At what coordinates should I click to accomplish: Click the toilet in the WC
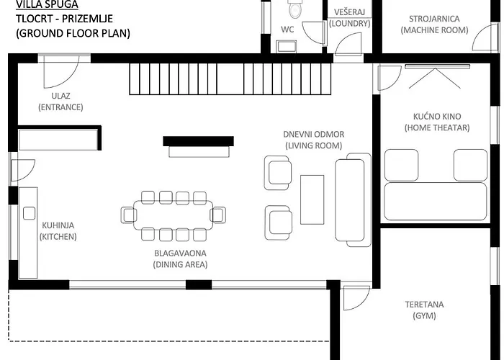point(294,9)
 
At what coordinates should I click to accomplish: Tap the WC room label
point(287,30)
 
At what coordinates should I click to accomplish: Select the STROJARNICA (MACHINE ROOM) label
point(434,24)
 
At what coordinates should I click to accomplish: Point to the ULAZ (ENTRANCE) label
point(60,102)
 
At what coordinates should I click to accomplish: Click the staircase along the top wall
point(230,78)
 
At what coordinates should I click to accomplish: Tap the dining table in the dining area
point(174,215)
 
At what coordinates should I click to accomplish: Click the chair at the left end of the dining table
point(129,215)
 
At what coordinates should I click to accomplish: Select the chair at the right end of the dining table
point(218,215)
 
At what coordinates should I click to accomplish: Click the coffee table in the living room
point(312,199)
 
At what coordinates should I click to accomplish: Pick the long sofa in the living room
point(353,200)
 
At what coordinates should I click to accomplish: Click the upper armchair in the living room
point(278,173)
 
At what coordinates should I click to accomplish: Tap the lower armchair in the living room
point(279,222)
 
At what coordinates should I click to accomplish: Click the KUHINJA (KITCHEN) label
point(58,231)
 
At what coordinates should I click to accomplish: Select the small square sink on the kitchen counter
point(30,213)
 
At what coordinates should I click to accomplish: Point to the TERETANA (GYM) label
point(424,310)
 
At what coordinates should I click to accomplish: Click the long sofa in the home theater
point(436,202)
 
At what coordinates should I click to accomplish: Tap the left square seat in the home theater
point(402,165)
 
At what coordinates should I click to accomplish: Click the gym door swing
point(356,298)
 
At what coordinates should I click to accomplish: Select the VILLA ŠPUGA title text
point(47,4)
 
